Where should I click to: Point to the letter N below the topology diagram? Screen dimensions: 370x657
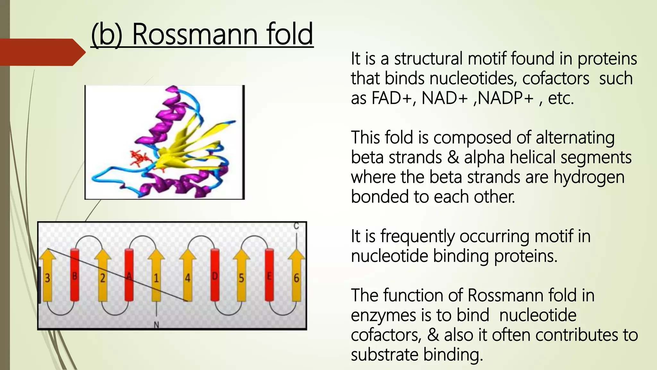coord(157,325)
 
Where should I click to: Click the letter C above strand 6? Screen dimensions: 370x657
coord(296,226)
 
